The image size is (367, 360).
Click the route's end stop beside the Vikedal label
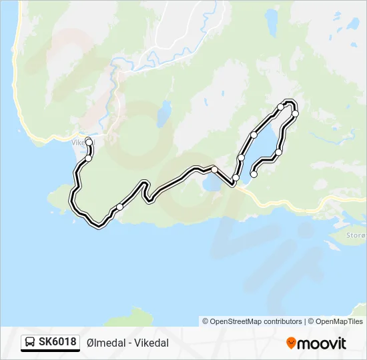(89, 141)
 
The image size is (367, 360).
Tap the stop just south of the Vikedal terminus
(88, 158)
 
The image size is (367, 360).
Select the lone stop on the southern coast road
(119, 207)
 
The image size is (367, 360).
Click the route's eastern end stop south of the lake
(254, 175)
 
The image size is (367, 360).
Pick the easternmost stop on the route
(295, 114)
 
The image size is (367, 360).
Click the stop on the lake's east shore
(278, 153)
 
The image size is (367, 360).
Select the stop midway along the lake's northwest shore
(254, 135)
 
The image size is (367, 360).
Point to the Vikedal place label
(80, 141)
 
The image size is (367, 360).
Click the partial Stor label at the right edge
(356, 235)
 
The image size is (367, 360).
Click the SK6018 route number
(57, 342)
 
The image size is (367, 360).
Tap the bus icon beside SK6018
(30, 343)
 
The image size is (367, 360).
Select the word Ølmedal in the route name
(107, 343)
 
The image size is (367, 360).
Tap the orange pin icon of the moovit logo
(291, 343)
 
